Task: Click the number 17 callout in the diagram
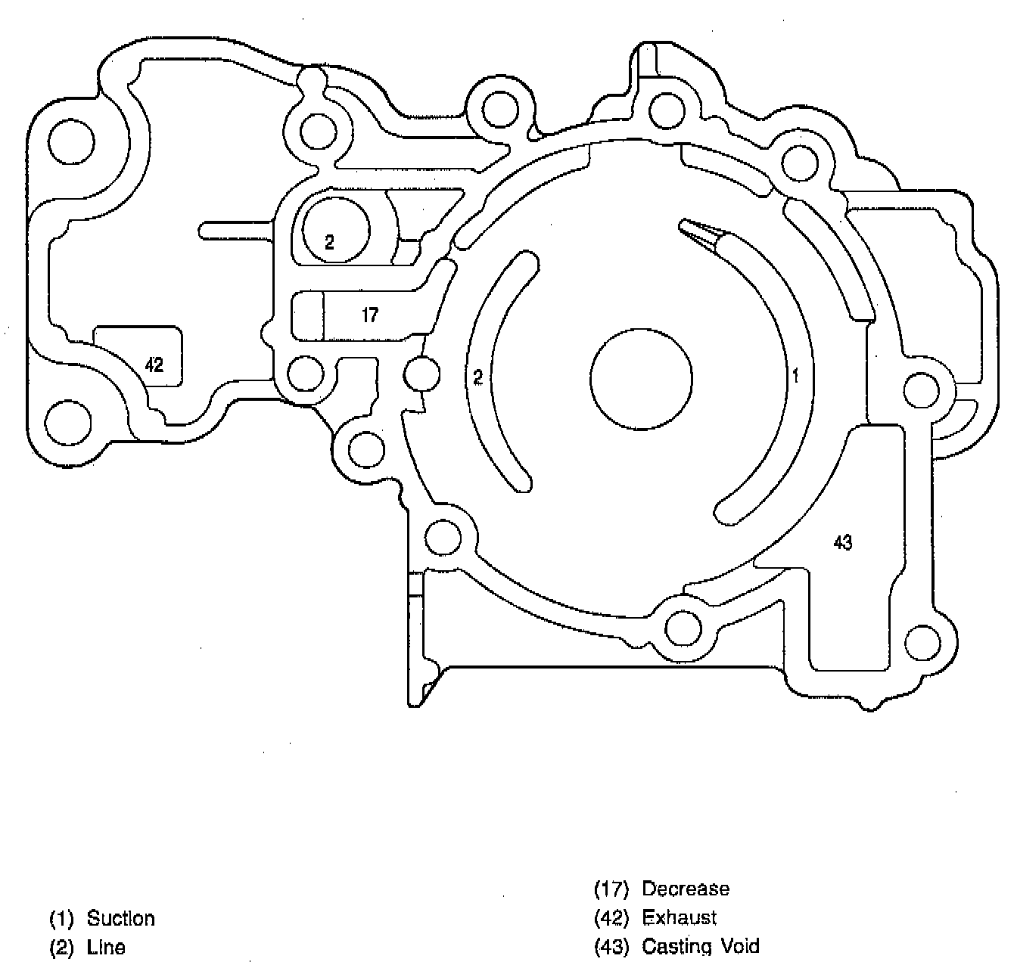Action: (x=370, y=315)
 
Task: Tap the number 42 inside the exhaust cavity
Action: (x=154, y=365)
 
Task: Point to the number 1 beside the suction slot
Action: (x=795, y=375)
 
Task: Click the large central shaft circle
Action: (x=641, y=379)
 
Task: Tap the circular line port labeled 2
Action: (x=336, y=231)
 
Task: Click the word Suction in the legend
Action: (x=121, y=918)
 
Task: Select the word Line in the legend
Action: (x=106, y=947)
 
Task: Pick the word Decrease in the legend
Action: (x=686, y=889)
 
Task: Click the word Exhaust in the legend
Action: (x=679, y=917)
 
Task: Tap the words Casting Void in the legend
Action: (x=701, y=946)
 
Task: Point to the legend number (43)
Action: (x=611, y=946)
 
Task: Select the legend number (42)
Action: (x=611, y=917)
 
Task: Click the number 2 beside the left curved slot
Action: (x=477, y=377)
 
